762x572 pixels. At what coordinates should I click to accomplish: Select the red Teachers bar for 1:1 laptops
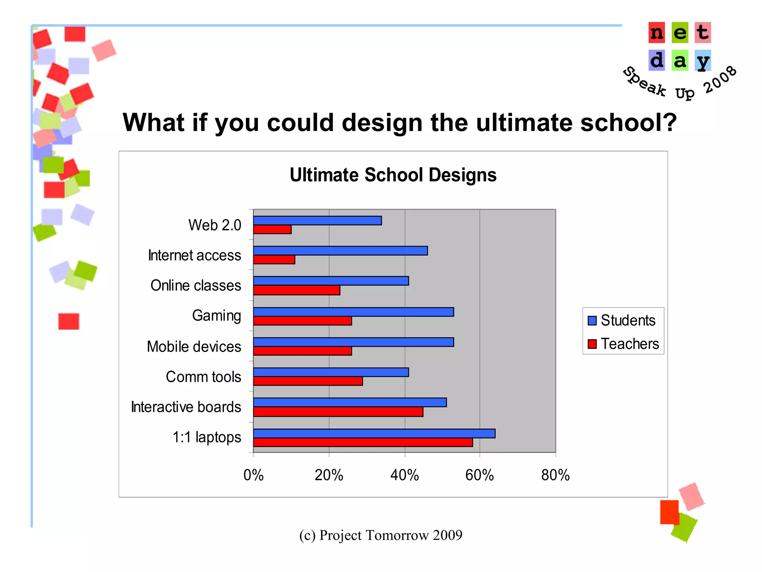point(363,442)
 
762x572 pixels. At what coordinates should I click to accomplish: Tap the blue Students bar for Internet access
point(340,251)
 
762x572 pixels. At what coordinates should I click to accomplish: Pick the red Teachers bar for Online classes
point(297,290)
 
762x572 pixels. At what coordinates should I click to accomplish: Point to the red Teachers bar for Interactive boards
point(338,411)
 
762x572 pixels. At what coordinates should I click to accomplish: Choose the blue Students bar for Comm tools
point(331,372)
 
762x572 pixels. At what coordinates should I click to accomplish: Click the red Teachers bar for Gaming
point(302,321)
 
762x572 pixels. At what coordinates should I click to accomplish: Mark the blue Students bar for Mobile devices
point(353,342)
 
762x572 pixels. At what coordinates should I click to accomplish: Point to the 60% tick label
point(480,475)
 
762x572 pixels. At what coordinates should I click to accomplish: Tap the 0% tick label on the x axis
point(253,475)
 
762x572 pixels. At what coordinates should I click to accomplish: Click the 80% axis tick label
point(556,475)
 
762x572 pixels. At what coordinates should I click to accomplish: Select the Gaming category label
point(217,316)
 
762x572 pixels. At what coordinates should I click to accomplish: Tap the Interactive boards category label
point(186,407)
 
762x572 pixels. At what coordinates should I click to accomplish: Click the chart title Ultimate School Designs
point(393,175)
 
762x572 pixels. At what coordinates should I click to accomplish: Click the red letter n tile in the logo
point(657,33)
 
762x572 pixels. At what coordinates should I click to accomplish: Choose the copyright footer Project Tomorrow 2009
point(381,535)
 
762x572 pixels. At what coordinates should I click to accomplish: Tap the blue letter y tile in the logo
point(702,61)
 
